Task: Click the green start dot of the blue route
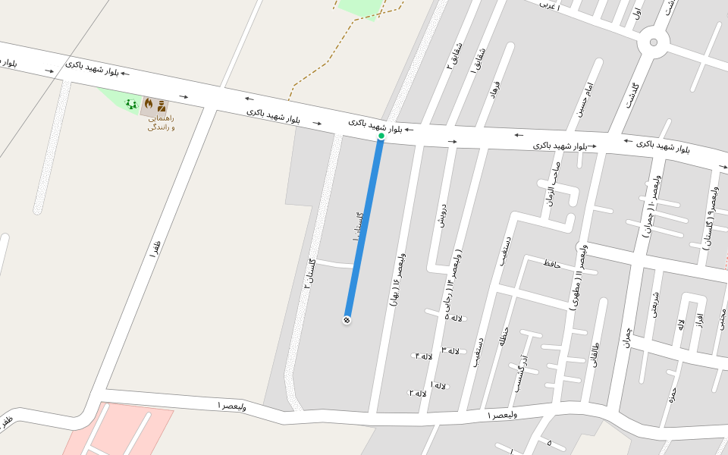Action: pos(381,136)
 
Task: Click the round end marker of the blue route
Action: pos(347,320)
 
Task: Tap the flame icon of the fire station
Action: pos(149,102)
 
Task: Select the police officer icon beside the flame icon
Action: pos(162,106)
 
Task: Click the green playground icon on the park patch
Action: pos(131,104)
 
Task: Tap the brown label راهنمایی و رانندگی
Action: pos(161,123)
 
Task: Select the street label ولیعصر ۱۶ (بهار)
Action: pos(397,279)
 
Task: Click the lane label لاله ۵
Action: pos(453,317)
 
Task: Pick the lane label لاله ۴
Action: pos(423,356)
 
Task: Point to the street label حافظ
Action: pos(551,263)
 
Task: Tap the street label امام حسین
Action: pos(584,99)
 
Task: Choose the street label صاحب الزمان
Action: pos(551,184)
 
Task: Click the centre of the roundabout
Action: pos(653,42)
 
